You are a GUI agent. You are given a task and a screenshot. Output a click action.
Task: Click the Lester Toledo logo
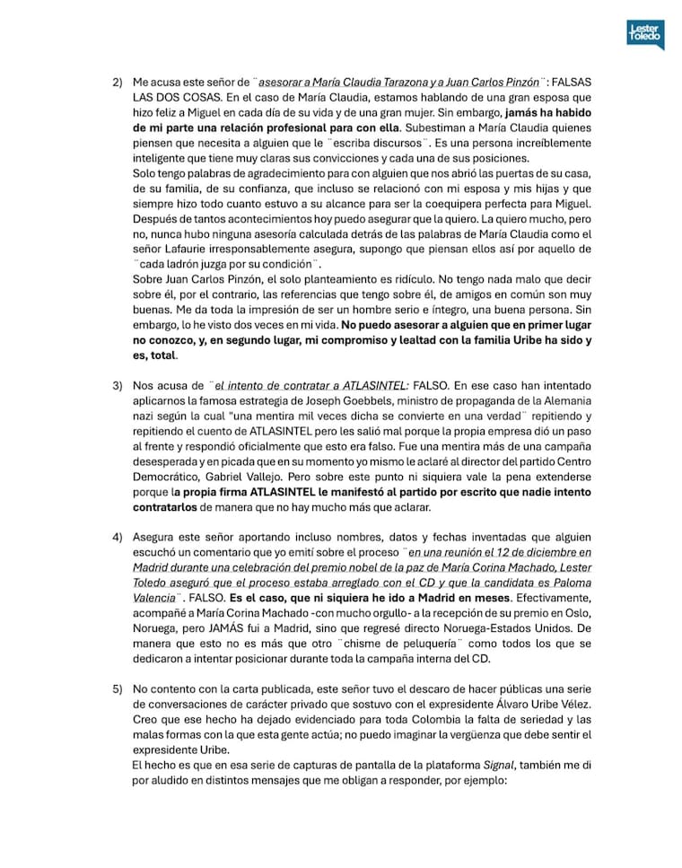pos(645,33)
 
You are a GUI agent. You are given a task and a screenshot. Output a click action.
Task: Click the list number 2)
pos(118,82)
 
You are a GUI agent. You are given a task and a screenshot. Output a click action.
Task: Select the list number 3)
pos(118,386)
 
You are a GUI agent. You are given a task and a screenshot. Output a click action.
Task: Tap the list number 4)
pos(118,537)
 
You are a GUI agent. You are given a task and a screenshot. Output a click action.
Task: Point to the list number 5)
pos(118,688)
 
